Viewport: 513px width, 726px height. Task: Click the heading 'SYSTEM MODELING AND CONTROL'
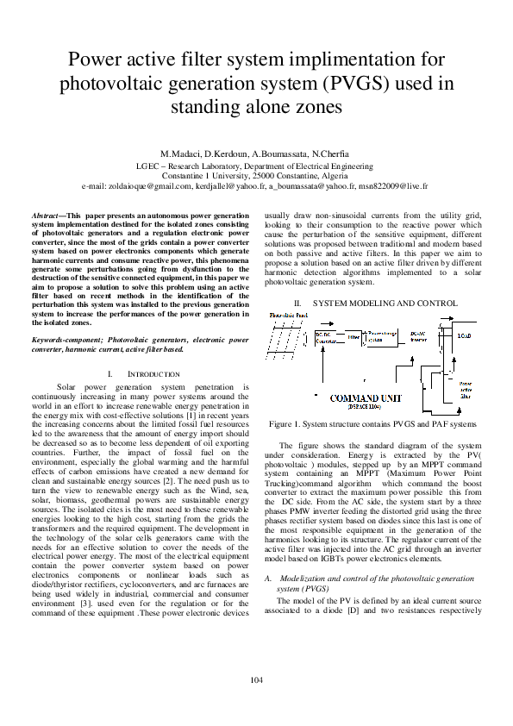pos(385,304)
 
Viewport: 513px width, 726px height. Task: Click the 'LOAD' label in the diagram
pos(465,335)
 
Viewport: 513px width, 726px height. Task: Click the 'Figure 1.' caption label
pos(287,425)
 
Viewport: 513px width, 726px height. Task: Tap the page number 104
pos(256,681)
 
